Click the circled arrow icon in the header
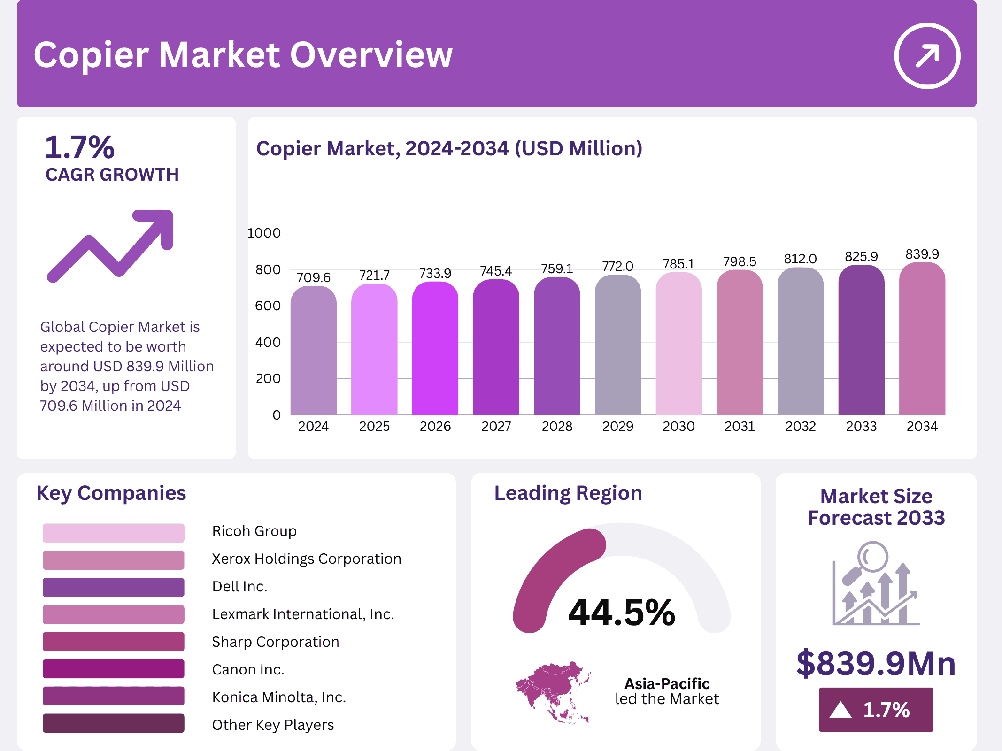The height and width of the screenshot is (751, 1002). click(x=927, y=55)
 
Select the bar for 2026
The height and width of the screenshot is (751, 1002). click(x=435, y=350)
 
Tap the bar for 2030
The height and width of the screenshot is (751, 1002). click(x=678, y=345)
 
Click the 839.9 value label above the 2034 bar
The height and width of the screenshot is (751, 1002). click(x=922, y=254)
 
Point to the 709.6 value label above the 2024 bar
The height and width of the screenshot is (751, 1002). click(x=313, y=277)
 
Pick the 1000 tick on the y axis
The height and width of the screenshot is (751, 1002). click(x=264, y=233)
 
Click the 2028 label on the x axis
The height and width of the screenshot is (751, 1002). click(x=557, y=426)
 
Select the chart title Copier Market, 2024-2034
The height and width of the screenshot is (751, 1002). click(x=449, y=148)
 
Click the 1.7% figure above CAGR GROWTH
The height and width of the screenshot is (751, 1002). click(x=80, y=147)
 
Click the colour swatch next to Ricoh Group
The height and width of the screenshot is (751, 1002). click(x=113, y=533)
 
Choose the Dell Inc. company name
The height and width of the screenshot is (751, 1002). click(x=239, y=586)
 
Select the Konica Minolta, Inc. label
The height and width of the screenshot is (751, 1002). click(x=279, y=697)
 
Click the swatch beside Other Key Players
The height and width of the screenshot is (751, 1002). click(x=113, y=723)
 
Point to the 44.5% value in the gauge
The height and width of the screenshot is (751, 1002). click(x=621, y=613)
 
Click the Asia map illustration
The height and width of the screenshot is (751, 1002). click(x=553, y=691)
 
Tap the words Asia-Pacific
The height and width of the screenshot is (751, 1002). click(x=667, y=683)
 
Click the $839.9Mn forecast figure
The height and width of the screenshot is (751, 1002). click(x=876, y=663)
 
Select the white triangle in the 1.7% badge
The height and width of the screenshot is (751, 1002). click(x=840, y=710)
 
